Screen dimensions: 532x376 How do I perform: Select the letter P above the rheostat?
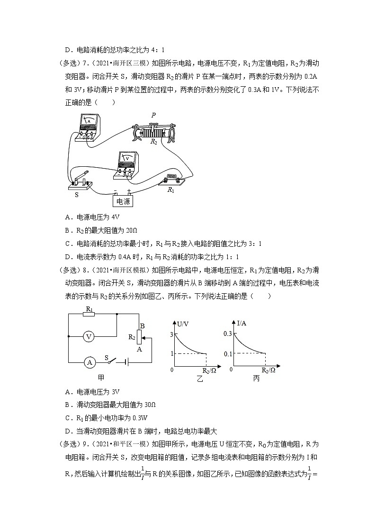pos(153,115)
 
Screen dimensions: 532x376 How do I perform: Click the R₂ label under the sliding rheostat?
pos(153,141)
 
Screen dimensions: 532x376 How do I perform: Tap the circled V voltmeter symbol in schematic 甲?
pos(88,336)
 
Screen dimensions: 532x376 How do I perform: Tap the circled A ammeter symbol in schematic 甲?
pos(89,362)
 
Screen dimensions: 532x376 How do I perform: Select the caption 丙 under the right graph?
pos(256,378)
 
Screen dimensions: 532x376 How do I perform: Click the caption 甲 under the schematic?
pos(101,378)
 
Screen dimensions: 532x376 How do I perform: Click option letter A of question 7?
pos(67,217)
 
